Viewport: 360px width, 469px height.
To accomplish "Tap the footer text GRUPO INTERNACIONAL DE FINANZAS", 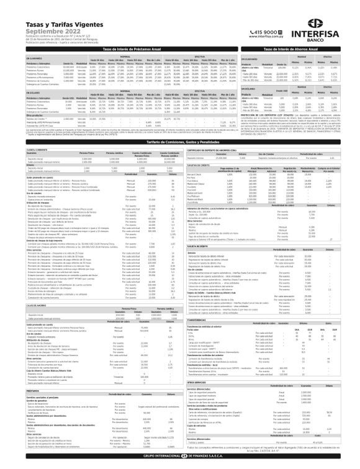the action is (x=180, y=463).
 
